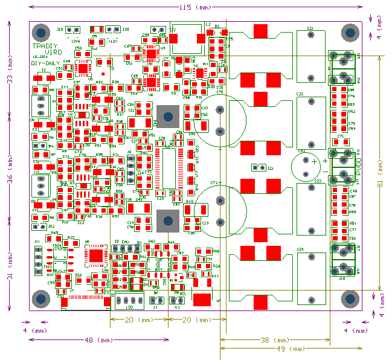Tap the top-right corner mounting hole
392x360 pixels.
(350, 32)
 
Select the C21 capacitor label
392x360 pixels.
(310, 28)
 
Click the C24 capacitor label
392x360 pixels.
(300, 249)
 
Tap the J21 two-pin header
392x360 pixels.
(258, 168)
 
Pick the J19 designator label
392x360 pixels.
(60, 29)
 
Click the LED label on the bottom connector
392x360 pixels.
(130, 307)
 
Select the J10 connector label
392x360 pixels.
(341, 278)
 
